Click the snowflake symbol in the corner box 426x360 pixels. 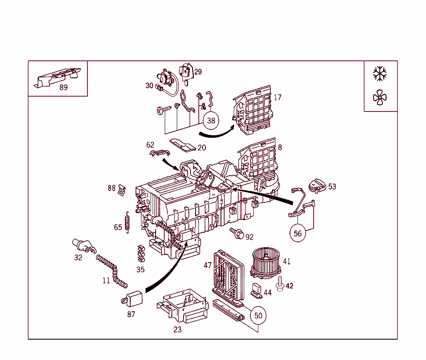tap(380, 74)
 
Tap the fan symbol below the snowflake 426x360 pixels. tap(380, 98)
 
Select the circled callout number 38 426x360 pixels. tap(211, 120)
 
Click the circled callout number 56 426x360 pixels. tap(298, 233)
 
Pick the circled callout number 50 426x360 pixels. tap(258, 315)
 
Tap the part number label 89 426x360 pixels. tap(63, 87)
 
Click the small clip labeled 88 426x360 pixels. tap(122, 189)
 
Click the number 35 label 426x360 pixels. tap(141, 270)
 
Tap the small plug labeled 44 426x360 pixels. tap(256, 290)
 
